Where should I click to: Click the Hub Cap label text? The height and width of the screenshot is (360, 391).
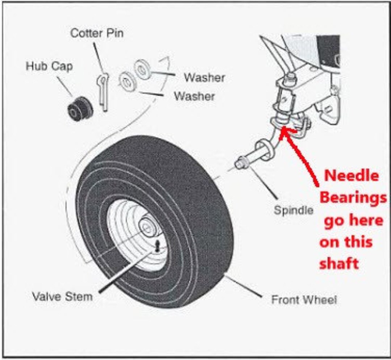[49, 66]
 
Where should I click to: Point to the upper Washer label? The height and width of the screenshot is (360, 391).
[204, 77]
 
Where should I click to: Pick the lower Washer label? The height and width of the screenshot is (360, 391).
[194, 96]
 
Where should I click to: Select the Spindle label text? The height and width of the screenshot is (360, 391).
[293, 210]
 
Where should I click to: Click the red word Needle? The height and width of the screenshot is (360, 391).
[351, 176]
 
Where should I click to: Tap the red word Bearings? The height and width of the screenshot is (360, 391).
[353, 198]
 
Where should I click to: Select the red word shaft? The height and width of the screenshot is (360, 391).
[339, 264]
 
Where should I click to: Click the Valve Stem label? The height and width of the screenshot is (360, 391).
[62, 297]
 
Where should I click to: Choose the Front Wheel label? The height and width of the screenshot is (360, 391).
[304, 300]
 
